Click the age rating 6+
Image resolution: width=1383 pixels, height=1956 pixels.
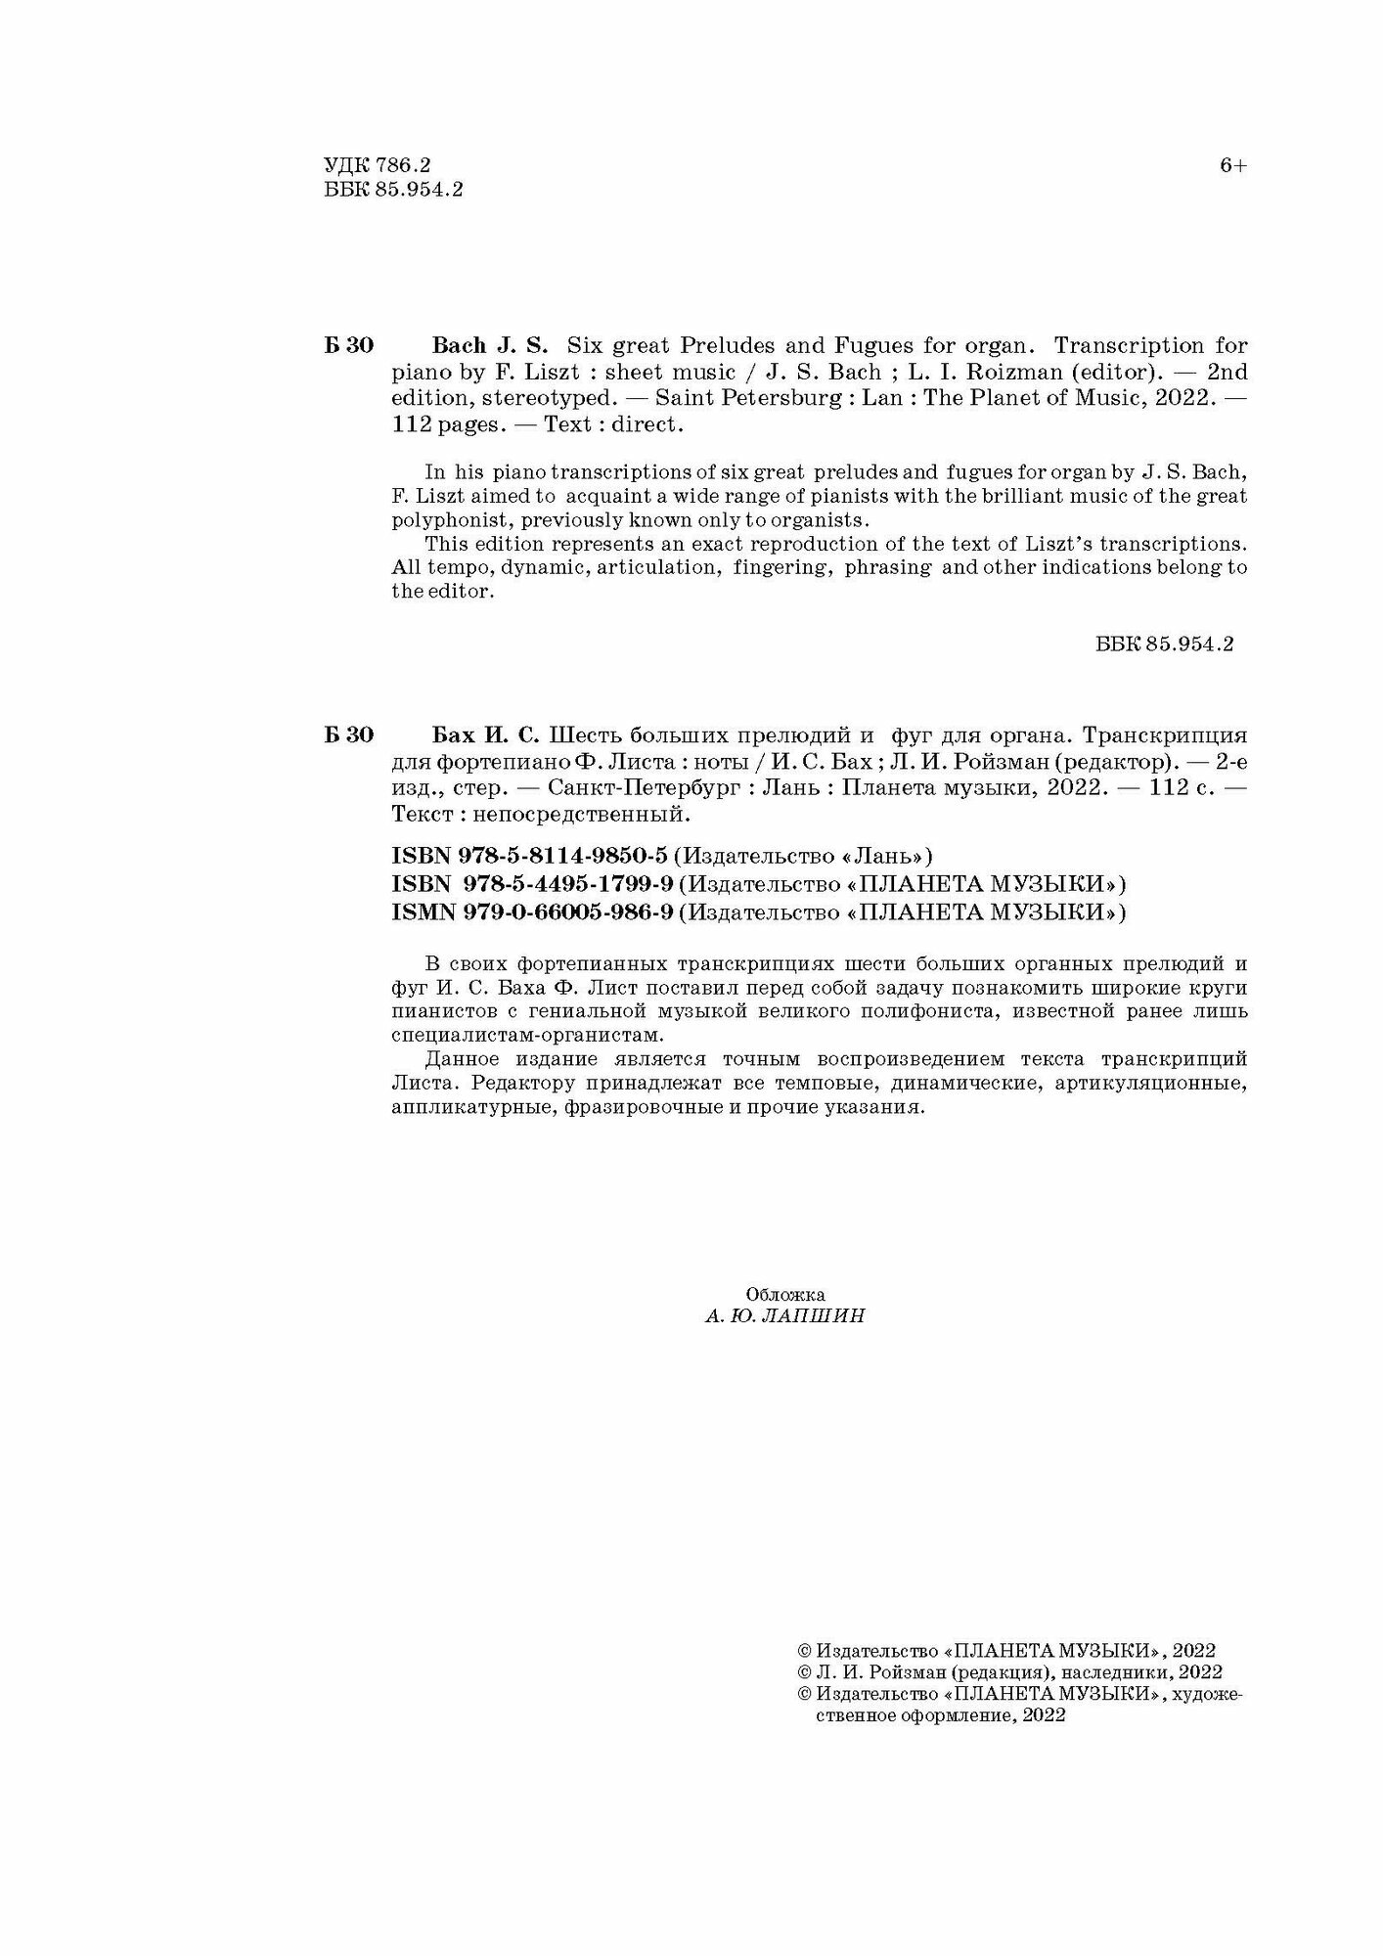(x=1232, y=166)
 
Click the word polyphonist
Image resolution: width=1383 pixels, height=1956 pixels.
(x=446, y=518)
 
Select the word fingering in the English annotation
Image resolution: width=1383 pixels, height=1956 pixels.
(x=781, y=567)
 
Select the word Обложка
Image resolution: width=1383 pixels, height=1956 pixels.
(x=784, y=1294)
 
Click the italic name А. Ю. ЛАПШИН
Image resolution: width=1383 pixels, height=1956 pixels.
(x=784, y=1316)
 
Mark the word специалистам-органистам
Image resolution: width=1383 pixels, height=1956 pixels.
(x=527, y=1035)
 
